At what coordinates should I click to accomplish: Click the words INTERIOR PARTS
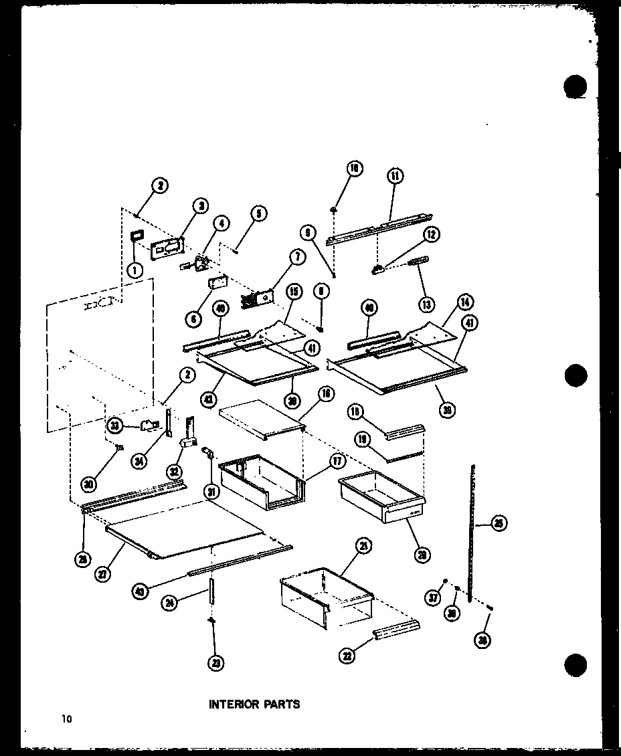(x=254, y=704)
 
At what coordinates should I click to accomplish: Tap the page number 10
(x=66, y=719)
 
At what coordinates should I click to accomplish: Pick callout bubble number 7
(x=295, y=256)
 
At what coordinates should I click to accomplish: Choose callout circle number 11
(x=394, y=176)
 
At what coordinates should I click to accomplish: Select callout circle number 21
(x=363, y=547)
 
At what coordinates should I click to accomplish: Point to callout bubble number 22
(x=347, y=655)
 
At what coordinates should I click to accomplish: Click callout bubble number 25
(x=498, y=525)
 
